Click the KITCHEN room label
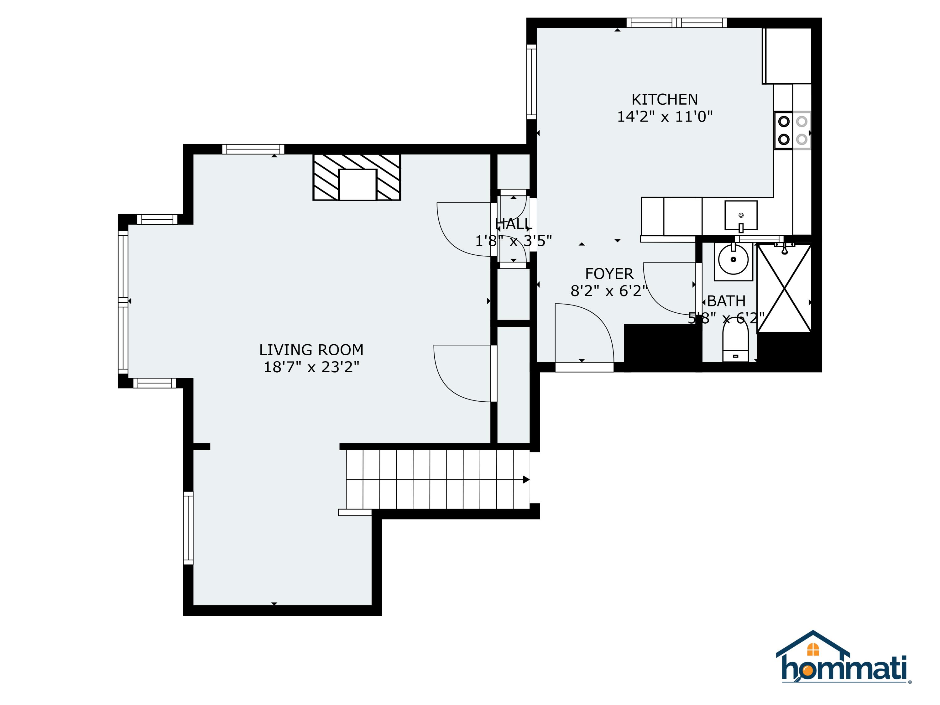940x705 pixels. click(x=664, y=99)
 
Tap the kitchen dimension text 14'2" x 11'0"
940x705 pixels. click(x=664, y=117)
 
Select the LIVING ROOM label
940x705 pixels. click(x=311, y=350)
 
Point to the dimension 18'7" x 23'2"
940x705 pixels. click(x=311, y=367)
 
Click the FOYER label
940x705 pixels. click(x=609, y=274)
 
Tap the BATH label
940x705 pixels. click(x=726, y=301)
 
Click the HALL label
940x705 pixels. click(x=513, y=223)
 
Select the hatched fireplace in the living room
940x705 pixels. click(x=357, y=177)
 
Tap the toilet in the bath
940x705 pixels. click(x=735, y=340)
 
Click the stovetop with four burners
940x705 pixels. click(x=792, y=130)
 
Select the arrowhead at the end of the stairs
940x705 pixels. click(x=526, y=479)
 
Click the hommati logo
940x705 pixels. click(x=843, y=664)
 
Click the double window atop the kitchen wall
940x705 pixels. click(x=676, y=23)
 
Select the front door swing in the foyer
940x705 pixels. click(x=584, y=334)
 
